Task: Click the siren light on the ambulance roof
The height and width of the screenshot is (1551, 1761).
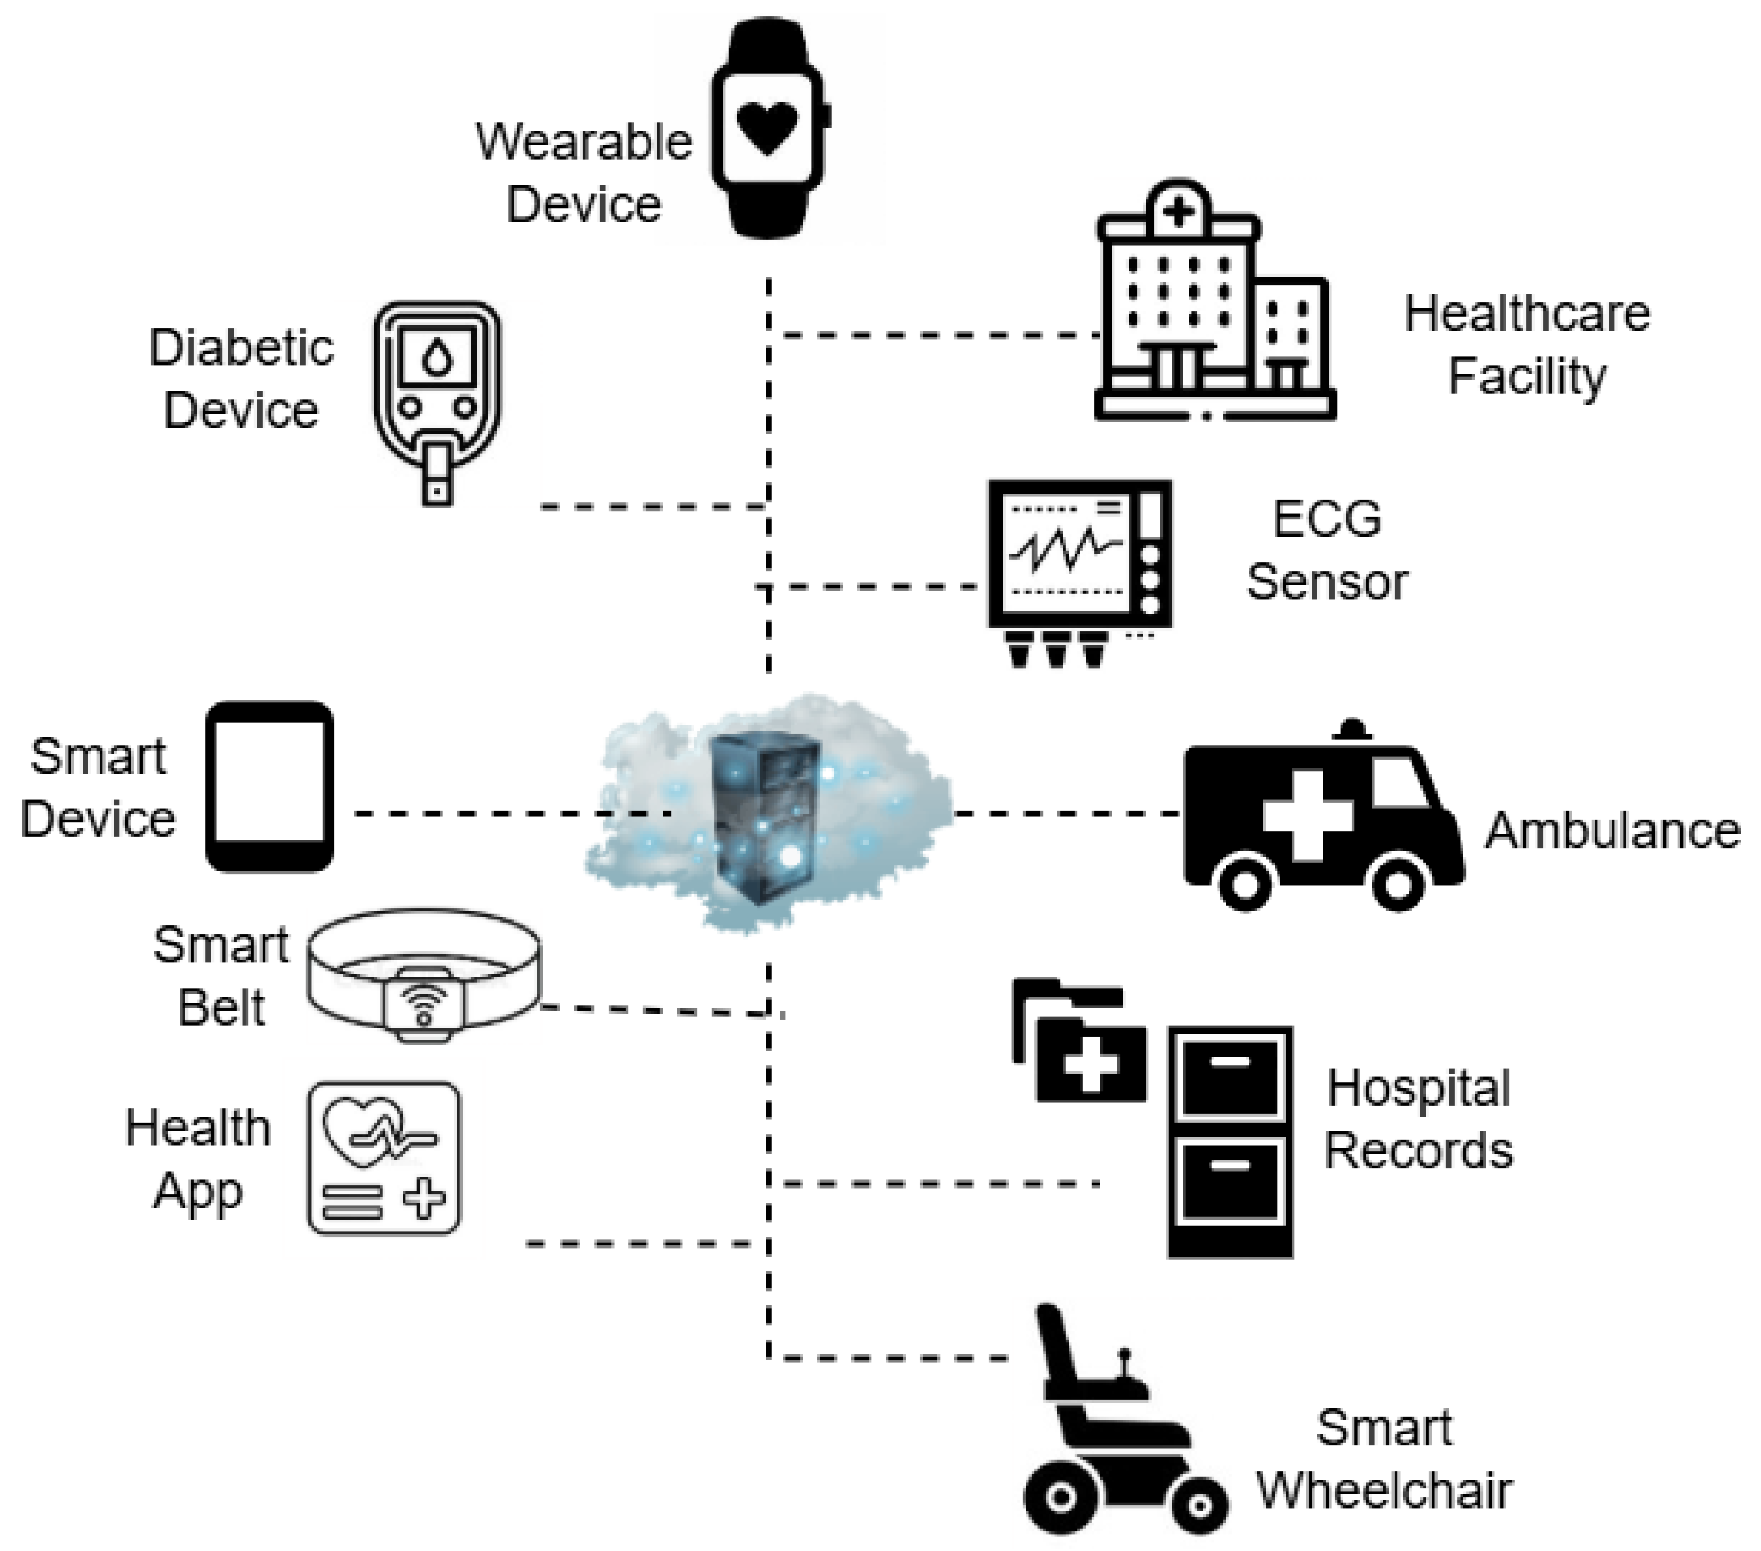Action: pos(1352,729)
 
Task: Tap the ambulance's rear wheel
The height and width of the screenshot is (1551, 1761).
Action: pos(1245,882)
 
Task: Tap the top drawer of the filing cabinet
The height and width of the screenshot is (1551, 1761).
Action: pos(1230,1078)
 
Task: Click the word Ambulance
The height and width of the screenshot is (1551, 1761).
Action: pos(1612,831)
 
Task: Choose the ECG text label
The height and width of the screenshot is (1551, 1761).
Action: pos(1327,519)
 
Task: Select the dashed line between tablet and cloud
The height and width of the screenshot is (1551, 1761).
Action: pos(513,813)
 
